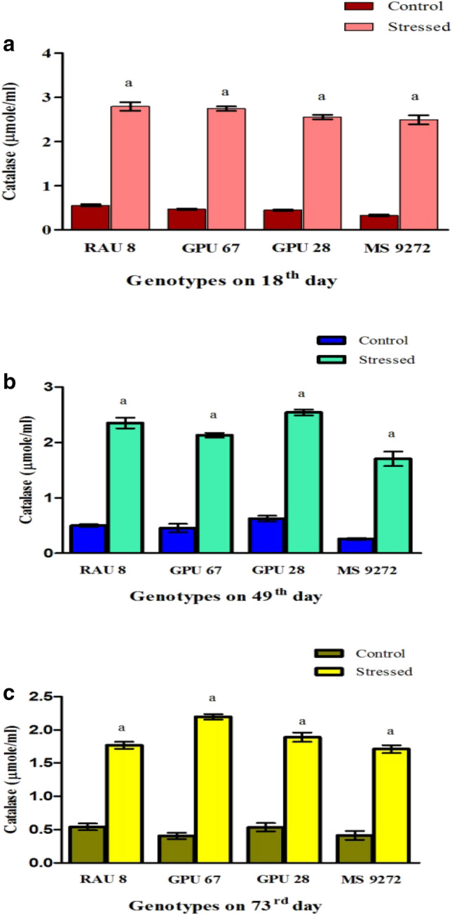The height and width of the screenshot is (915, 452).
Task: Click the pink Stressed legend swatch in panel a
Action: [x=363, y=27]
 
